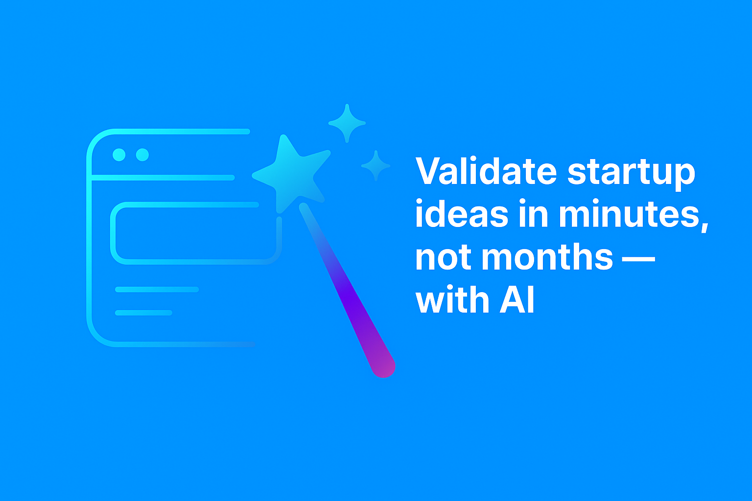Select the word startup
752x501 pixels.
pos(631,172)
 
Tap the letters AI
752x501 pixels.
pos(517,299)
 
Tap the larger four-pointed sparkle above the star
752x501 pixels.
pos(347,123)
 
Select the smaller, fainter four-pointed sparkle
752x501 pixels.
pos(376,166)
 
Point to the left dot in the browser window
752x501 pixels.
pos(119,155)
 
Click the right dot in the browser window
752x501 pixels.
pos(142,155)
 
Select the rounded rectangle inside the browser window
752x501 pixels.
pos(196,233)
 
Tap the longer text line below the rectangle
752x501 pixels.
pos(157,290)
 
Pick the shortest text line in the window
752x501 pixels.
pos(144,313)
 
